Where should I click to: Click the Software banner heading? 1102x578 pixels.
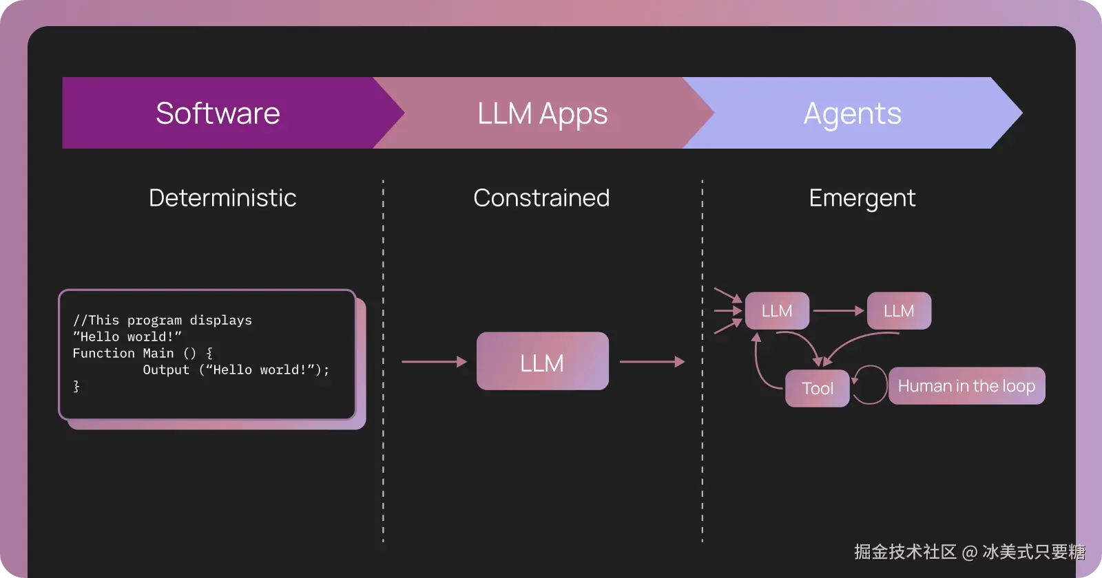point(218,114)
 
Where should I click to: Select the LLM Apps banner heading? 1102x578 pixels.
point(542,114)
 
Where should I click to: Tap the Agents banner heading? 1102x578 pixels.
point(852,114)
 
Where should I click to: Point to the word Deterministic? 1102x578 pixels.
point(222,198)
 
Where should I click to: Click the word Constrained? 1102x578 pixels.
point(541,198)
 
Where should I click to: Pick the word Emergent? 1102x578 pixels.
point(862,198)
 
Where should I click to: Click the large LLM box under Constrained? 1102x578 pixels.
point(542,362)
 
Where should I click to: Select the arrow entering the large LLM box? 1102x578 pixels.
point(434,361)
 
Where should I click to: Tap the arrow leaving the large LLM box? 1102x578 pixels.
point(652,361)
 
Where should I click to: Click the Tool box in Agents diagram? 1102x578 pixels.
point(818,389)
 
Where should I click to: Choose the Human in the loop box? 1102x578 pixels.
point(966,386)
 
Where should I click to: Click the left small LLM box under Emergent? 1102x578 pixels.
point(777,311)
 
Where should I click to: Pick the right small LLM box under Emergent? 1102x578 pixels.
point(899,311)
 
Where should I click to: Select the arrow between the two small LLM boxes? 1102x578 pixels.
point(838,311)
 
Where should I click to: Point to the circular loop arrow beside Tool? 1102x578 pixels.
point(871,385)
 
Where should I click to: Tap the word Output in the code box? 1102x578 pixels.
point(165,370)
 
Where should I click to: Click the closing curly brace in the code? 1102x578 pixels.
point(76,386)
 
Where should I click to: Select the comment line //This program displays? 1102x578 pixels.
point(163,320)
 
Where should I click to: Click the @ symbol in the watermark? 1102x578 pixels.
point(969,552)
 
